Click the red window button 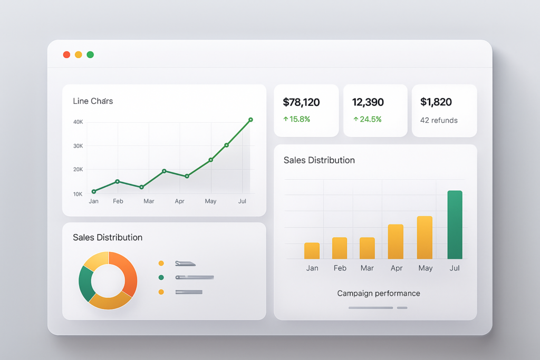pyautogui.click(x=66, y=55)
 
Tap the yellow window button pyautogui.click(x=79, y=55)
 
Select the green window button pyautogui.click(x=90, y=55)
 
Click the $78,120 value pyautogui.click(x=301, y=102)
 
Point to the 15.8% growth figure pyautogui.click(x=296, y=119)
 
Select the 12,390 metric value pyautogui.click(x=368, y=102)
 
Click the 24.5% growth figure pyautogui.click(x=367, y=119)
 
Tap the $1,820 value pyautogui.click(x=436, y=102)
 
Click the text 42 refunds pyautogui.click(x=439, y=120)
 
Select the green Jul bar pyautogui.click(x=455, y=225)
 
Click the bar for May pyautogui.click(x=425, y=238)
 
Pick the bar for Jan pyautogui.click(x=312, y=251)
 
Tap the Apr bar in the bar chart pyautogui.click(x=396, y=242)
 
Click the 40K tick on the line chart pyautogui.click(x=78, y=122)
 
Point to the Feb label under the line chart pyautogui.click(x=118, y=201)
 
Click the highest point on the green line pyautogui.click(x=250, y=120)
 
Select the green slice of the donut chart pyautogui.click(x=86, y=283)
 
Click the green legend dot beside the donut pyautogui.click(x=161, y=277)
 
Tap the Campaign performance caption pyautogui.click(x=379, y=293)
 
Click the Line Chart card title pyautogui.click(x=93, y=101)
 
